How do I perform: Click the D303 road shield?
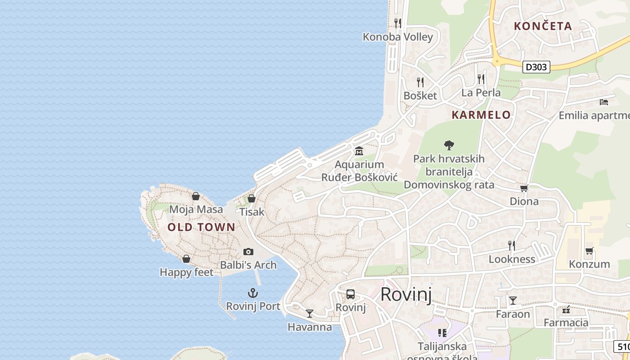click(x=536, y=67)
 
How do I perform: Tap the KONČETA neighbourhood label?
click(x=543, y=26)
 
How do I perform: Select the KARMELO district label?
click(x=481, y=115)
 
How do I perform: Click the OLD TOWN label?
click(x=201, y=227)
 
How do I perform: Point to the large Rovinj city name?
click(x=406, y=295)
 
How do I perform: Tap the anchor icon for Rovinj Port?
click(x=253, y=293)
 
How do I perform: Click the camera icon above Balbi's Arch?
click(x=248, y=252)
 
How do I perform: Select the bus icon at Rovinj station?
click(x=351, y=295)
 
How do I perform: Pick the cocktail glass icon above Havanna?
click(x=310, y=313)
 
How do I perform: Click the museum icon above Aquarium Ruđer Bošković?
click(x=359, y=151)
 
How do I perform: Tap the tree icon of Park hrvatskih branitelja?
click(x=449, y=145)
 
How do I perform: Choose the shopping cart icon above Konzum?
click(x=589, y=251)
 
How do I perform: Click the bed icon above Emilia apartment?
click(x=604, y=102)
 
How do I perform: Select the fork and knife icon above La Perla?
click(x=481, y=79)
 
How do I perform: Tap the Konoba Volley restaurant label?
click(x=398, y=37)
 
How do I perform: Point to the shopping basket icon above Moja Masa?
click(x=196, y=196)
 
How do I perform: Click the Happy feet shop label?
click(x=186, y=272)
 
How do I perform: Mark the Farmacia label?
click(x=566, y=322)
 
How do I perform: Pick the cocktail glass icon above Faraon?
click(x=513, y=300)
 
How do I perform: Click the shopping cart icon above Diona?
click(x=524, y=188)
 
